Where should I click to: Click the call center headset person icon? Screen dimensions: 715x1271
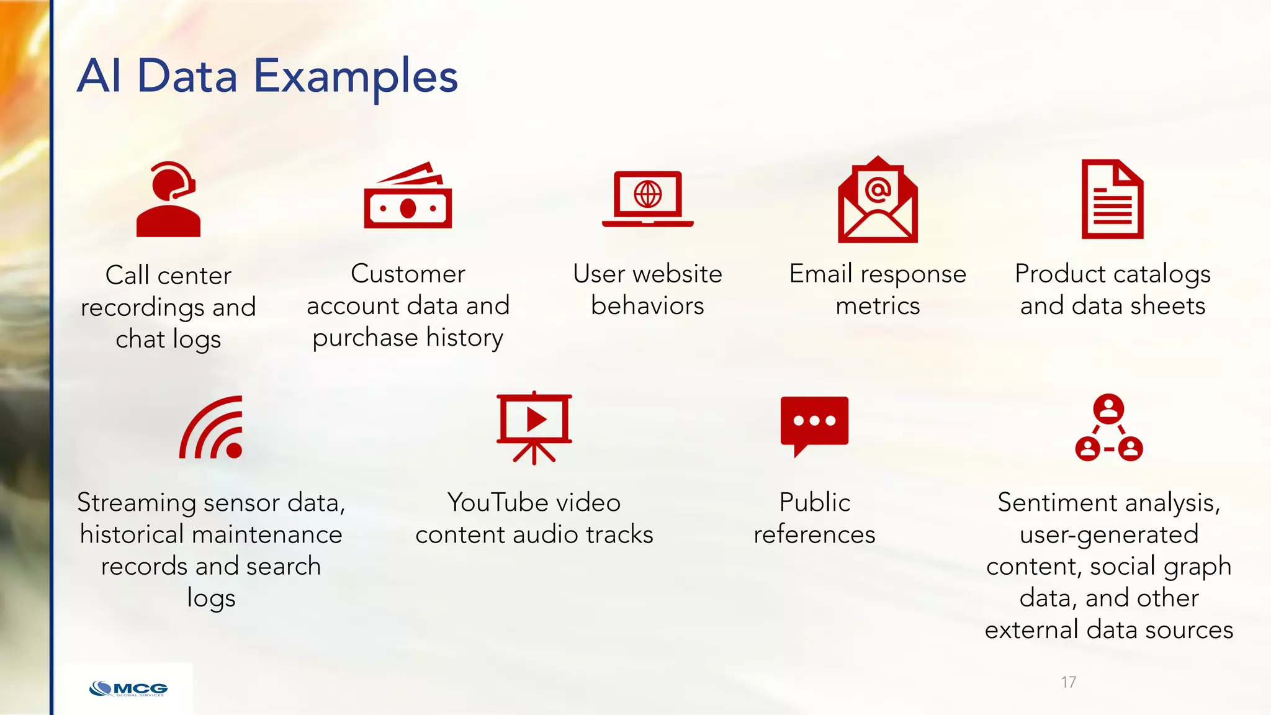(x=168, y=200)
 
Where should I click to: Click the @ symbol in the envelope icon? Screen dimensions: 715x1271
(x=878, y=189)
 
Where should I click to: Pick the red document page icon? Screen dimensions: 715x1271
(x=1112, y=199)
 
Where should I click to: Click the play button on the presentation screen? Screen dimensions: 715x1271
(x=536, y=420)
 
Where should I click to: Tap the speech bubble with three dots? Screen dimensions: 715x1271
(x=814, y=422)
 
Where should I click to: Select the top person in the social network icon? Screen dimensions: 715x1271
(x=1108, y=408)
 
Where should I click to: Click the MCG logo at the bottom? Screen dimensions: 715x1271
(x=128, y=689)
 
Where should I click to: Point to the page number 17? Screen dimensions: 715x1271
(x=1068, y=682)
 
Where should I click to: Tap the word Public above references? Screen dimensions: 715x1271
(x=814, y=503)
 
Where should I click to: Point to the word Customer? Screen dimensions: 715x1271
(x=408, y=274)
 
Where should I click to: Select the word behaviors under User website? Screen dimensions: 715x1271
(x=647, y=306)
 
